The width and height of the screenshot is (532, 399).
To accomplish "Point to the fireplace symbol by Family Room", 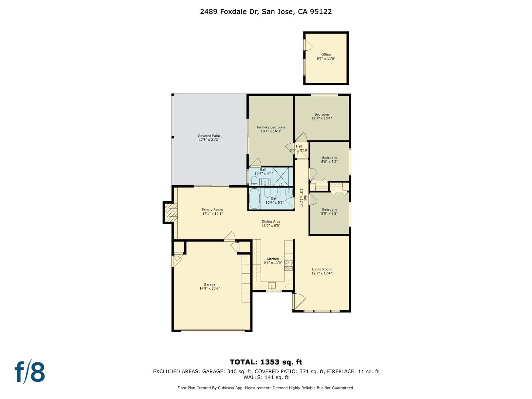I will coord(171,213).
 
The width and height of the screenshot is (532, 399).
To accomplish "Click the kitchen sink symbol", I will coord(272,286).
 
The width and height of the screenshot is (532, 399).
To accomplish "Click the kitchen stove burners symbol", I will coord(289,265).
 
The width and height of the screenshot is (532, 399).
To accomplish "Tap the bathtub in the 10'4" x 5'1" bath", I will coord(254,199).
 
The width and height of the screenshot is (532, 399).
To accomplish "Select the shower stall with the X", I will coord(281,176).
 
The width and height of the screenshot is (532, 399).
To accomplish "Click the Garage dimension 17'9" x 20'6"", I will coord(209,289).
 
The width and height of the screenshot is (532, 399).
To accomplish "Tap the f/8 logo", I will coord(30,372).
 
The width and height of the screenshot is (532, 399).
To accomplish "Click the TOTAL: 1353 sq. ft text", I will coord(266,362).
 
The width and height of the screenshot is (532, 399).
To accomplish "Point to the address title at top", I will coord(266,11).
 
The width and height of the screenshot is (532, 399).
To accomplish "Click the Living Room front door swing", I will coord(299,300).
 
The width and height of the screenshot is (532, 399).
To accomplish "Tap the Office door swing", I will coord(308,45).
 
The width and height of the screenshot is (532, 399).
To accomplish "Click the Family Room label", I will coord(212,212).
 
